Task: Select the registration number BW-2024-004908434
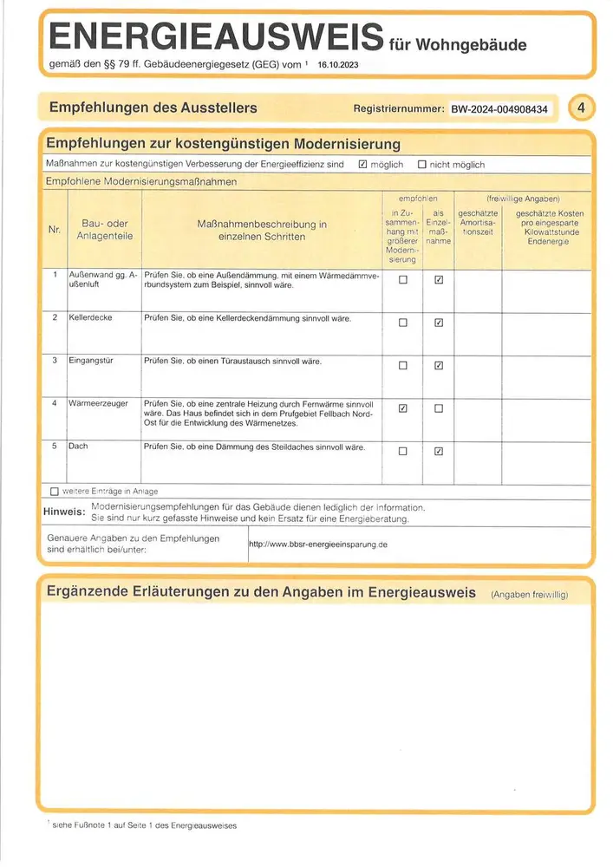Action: [x=498, y=109]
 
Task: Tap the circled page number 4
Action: [x=582, y=108]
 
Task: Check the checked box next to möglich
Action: [x=363, y=165]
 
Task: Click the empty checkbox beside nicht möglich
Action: [x=422, y=165]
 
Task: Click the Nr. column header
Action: [x=54, y=230]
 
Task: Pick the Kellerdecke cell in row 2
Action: [x=91, y=318]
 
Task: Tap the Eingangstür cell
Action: [x=93, y=361]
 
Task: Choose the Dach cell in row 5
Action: [x=78, y=447]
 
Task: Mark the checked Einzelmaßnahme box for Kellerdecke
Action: [x=439, y=323]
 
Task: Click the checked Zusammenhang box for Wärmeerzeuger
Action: [x=402, y=408]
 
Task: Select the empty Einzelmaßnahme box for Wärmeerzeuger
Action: [x=439, y=408]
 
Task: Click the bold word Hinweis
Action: [x=63, y=512]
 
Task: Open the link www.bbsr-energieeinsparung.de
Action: [x=317, y=545]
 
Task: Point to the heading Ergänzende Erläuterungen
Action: [x=260, y=593]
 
